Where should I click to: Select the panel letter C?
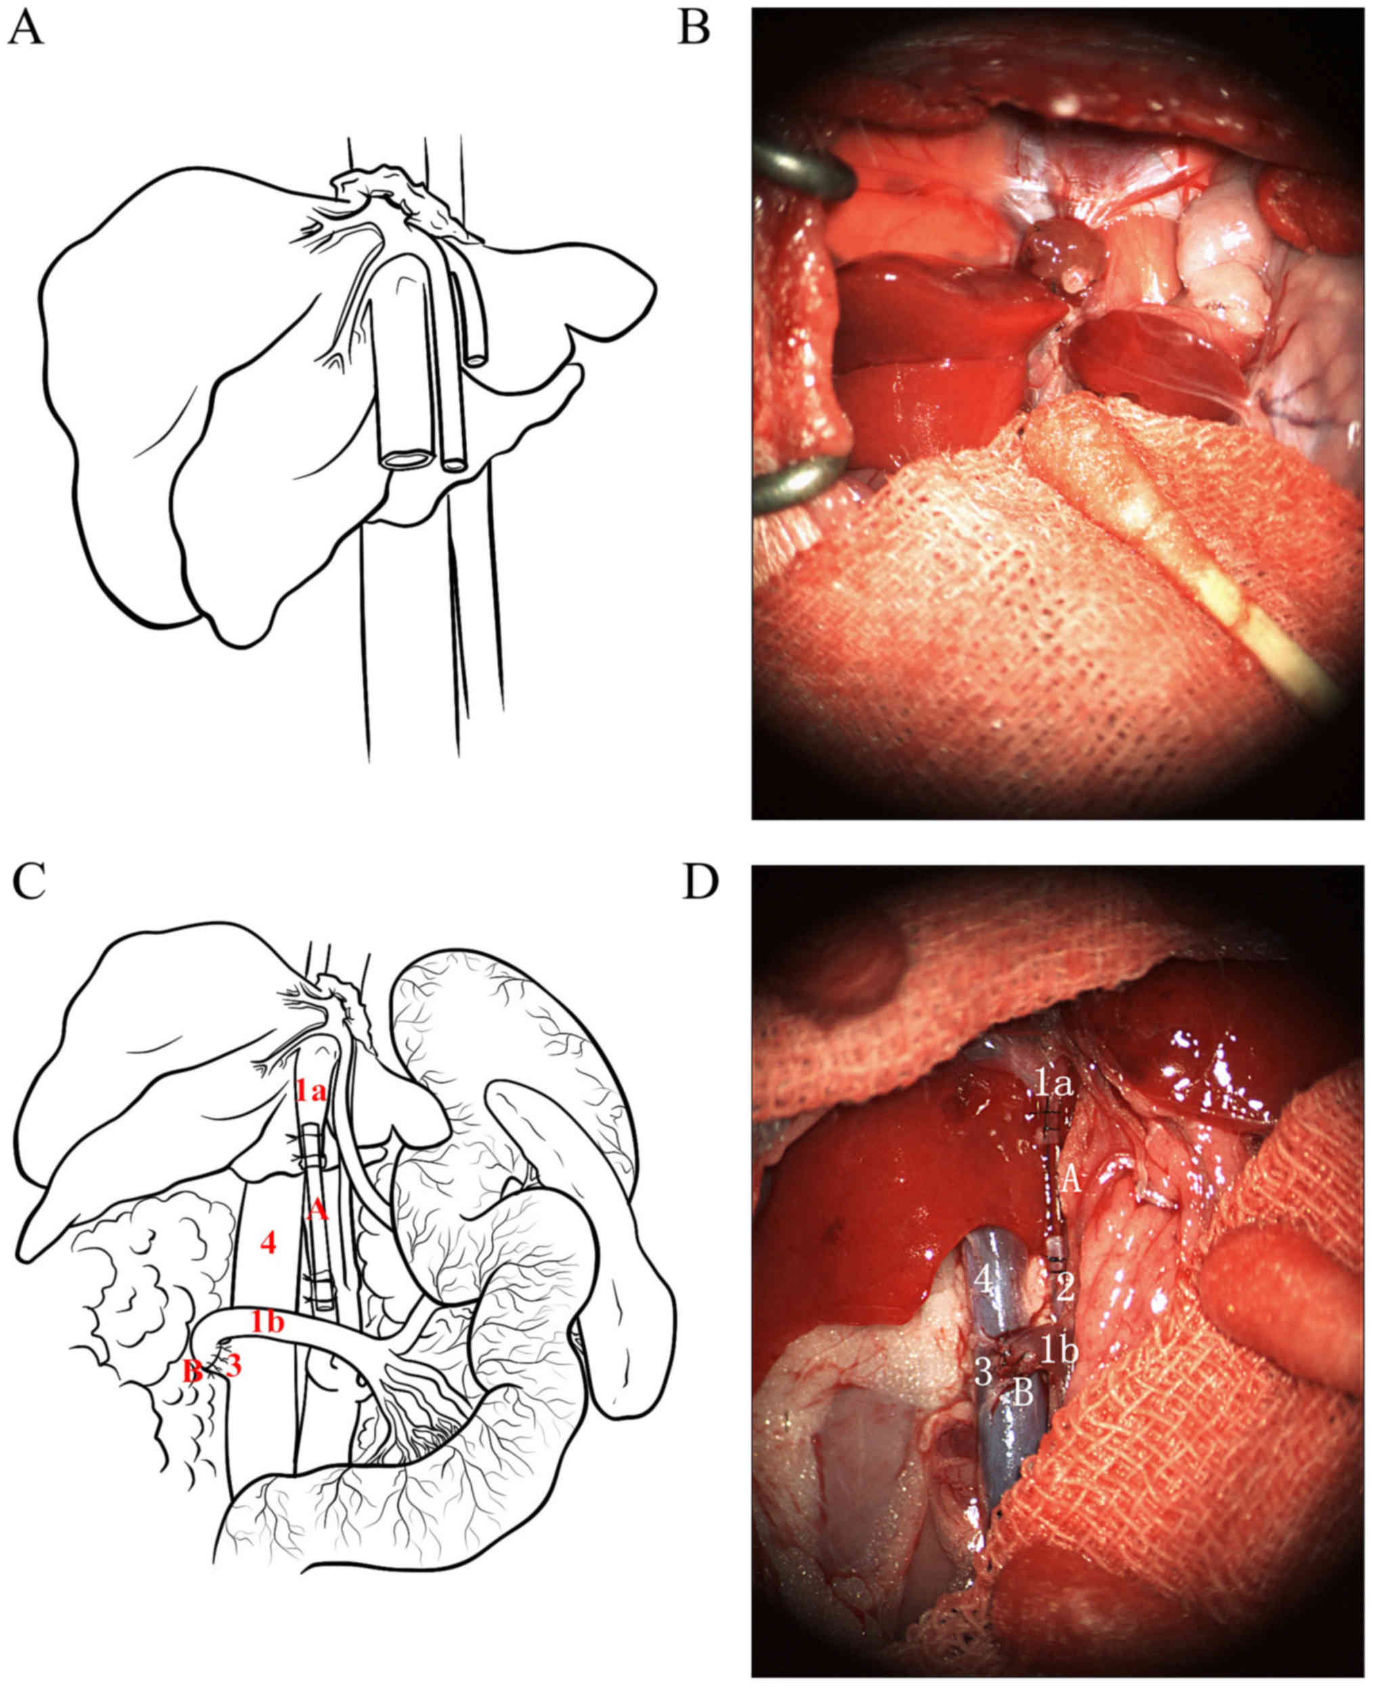(29, 882)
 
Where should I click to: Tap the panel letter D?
(699, 882)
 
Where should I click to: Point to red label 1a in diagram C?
(311, 1093)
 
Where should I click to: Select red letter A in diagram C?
(317, 1210)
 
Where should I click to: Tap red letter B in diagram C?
(192, 1370)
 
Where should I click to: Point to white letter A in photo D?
(1070, 1181)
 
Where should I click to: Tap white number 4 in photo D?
(983, 1280)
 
